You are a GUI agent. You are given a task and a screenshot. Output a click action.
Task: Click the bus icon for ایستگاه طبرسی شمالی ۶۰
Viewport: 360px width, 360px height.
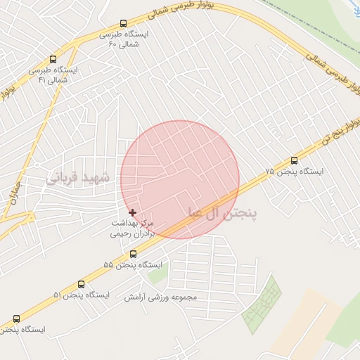pyautogui.click(x=124, y=23)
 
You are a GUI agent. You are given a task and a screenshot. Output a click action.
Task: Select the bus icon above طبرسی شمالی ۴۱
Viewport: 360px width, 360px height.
pyautogui.click(x=53, y=60)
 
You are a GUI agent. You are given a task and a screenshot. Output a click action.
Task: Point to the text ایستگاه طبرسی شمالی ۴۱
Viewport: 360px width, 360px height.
pyautogui.click(x=53, y=75)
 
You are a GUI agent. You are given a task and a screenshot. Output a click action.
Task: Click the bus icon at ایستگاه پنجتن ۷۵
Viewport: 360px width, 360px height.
pyautogui.click(x=294, y=160)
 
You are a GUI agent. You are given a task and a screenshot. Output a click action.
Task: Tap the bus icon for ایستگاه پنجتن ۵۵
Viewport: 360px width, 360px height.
pyautogui.click(x=133, y=254)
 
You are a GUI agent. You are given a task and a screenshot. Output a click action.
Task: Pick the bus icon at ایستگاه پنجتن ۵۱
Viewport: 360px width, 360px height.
pyautogui.click(x=81, y=285)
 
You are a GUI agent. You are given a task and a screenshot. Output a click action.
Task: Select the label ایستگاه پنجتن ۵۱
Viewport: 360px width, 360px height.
pyautogui.click(x=82, y=296)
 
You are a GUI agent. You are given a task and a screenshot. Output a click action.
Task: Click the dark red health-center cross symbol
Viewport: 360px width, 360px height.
pyautogui.click(x=132, y=212)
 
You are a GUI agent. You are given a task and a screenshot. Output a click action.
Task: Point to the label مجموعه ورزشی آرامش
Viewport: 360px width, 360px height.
pyautogui.click(x=161, y=297)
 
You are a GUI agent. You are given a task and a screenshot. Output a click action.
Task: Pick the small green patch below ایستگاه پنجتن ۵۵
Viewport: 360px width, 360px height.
pyautogui.click(x=157, y=275)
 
